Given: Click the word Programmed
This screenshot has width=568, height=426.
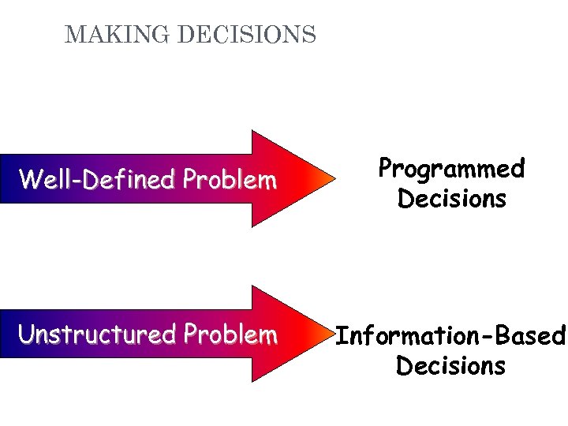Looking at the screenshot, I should click(451, 170).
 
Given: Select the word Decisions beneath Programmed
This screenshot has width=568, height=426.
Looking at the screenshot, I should click(451, 199).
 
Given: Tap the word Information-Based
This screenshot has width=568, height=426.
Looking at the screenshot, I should click(451, 337).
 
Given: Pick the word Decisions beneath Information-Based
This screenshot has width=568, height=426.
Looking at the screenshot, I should click(451, 366).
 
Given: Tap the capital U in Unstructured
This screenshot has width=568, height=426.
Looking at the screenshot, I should click(28, 335).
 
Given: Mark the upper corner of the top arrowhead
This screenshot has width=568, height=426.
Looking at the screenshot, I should click(252, 131).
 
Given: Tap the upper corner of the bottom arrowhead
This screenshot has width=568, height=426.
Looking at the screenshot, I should click(252, 286).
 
